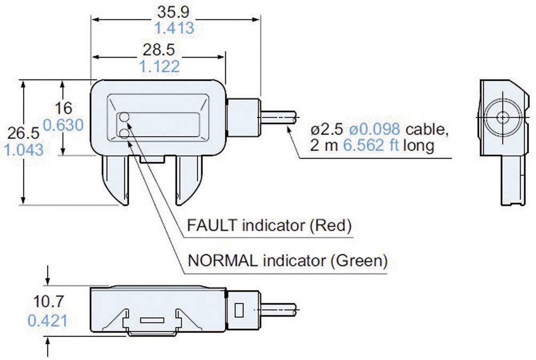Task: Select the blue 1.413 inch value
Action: (175, 28)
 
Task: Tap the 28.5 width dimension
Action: (159, 50)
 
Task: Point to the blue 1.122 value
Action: (159, 67)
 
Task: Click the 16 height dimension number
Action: (63, 107)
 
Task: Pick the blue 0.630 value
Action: (63, 124)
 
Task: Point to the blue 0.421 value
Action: (46, 320)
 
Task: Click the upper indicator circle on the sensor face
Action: (124, 117)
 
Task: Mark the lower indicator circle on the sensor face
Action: (124, 133)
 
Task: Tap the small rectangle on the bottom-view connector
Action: (240, 309)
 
